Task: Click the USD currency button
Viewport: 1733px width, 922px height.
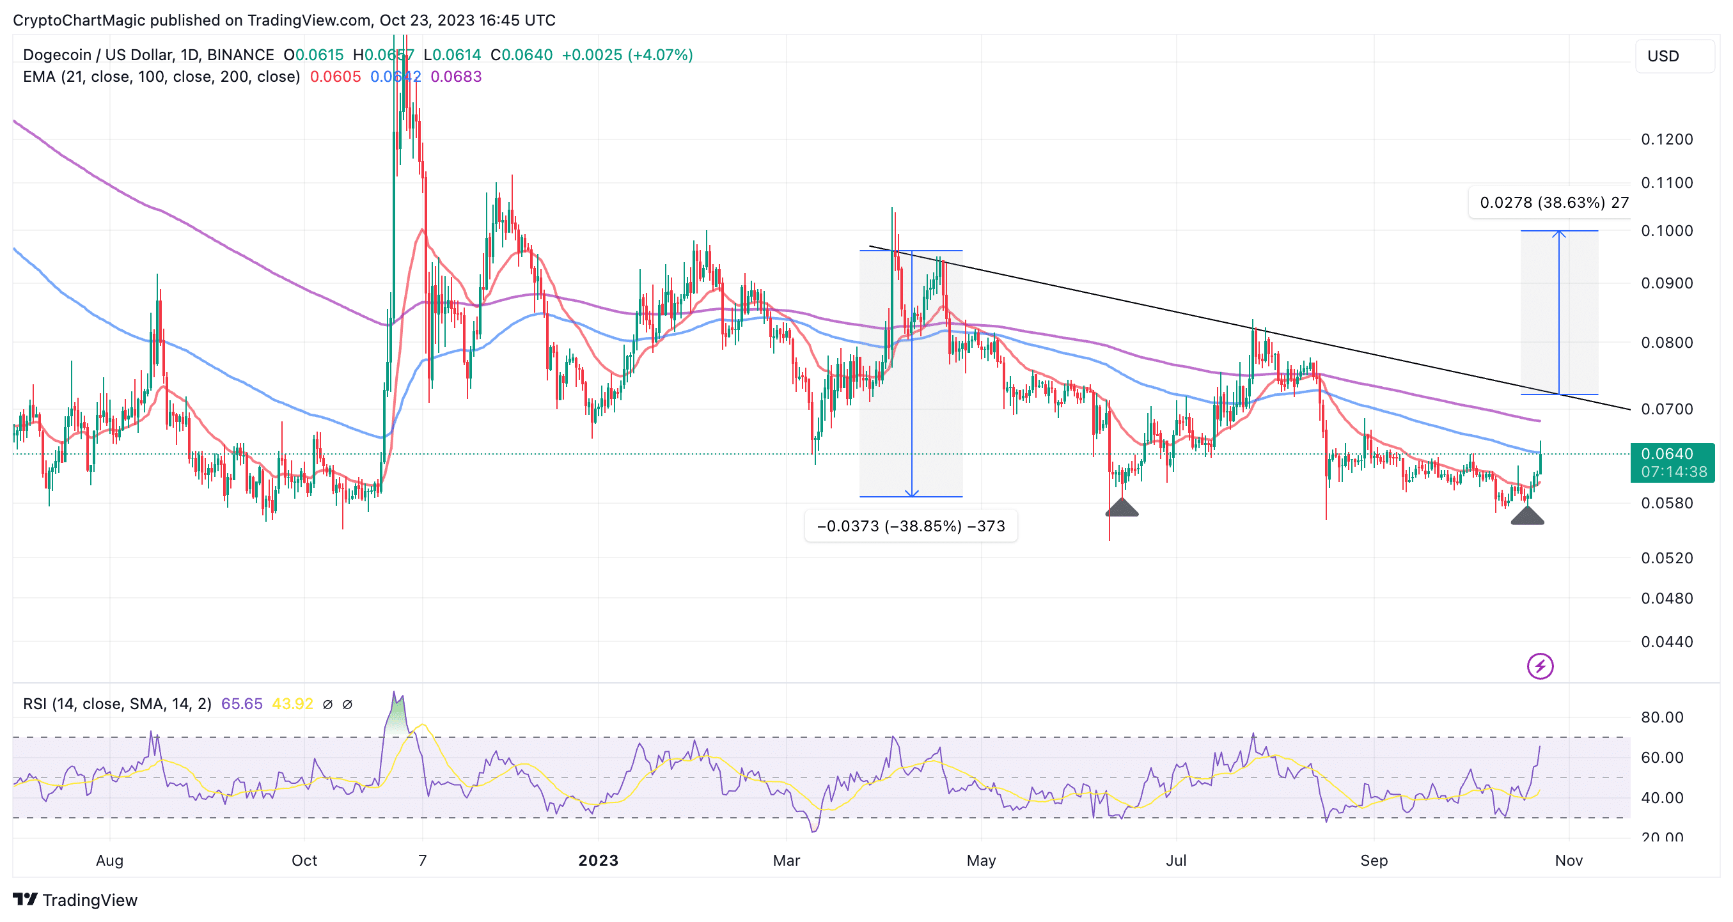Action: [1663, 56]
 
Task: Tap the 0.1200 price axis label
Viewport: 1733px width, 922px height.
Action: [1666, 139]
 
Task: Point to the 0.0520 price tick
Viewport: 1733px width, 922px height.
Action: [1666, 558]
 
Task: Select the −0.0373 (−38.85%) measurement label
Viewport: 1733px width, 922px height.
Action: [910, 526]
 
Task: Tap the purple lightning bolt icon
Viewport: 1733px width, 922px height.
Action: [1539, 666]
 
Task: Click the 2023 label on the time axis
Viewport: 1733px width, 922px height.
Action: [598, 860]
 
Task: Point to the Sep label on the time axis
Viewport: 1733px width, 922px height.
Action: [1373, 860]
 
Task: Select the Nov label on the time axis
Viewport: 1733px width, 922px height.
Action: [1568, 860]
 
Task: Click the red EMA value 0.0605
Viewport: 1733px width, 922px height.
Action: [335, 77]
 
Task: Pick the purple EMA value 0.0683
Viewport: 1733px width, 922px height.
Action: [456, 77]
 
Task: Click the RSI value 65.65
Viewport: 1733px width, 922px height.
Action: [242, 703]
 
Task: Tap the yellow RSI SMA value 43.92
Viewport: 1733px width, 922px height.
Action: [292, 703]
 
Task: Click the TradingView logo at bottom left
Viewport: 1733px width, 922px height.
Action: [75, 900]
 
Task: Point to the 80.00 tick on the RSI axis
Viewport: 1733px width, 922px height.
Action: [1661, 717]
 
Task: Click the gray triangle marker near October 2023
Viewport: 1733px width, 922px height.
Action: [1527, 515]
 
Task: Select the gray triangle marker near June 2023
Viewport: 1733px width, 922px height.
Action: [1122, 508]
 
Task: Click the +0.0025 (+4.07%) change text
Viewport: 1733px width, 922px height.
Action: [626, 55]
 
